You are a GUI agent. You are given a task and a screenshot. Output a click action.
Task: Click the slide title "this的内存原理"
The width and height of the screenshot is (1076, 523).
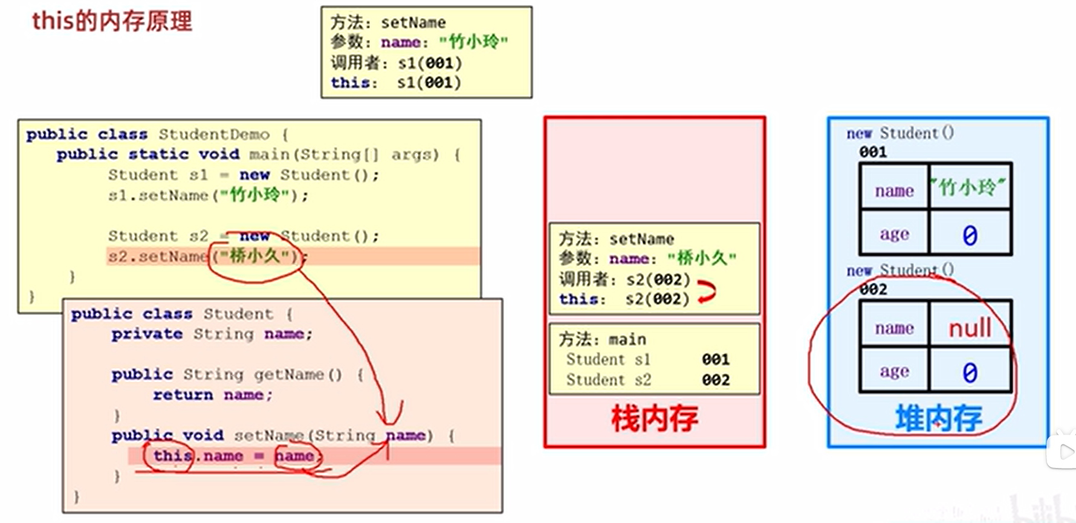click(x=112, y=22)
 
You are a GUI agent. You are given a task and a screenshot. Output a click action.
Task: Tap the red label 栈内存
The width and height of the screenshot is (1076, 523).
click(x=654, y=418)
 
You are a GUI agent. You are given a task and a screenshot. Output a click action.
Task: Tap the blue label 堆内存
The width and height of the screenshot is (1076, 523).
click(x=938, y=418)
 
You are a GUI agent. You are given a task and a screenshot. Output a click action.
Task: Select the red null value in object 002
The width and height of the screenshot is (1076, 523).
click(x=970, y=328)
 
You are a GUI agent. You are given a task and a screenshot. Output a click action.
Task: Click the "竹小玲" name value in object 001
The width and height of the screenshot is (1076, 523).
click(x=969, y=188)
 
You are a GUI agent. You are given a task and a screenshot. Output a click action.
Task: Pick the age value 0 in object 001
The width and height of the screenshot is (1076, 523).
click(x=970, y=235)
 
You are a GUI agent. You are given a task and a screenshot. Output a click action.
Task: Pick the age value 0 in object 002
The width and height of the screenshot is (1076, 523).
click(x=970, y=372)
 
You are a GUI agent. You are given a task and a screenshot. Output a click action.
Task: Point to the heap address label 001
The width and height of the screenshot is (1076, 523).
click(x=873, y=152)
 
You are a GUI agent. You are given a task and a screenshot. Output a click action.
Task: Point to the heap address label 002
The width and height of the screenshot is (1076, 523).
click(x=873, y=289)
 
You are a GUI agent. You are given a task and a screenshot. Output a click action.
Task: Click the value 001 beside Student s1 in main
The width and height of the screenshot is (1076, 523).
click(x=716, y=360)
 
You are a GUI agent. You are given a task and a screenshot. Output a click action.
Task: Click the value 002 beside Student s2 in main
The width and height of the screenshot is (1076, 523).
click(x=716, y=380)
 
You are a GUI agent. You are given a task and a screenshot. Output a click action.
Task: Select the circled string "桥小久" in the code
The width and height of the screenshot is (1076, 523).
click(x=254, y=256)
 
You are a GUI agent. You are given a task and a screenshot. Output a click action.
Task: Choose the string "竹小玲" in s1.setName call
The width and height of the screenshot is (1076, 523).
click(x=255, y=195)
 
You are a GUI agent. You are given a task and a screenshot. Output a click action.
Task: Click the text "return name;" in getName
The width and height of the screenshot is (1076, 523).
click(x=212, y=395)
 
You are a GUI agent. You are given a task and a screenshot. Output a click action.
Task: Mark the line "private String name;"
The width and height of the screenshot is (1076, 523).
click(x=212, y=334)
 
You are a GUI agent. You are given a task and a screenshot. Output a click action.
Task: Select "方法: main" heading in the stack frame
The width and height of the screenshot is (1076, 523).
click(x=602, y=339)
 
